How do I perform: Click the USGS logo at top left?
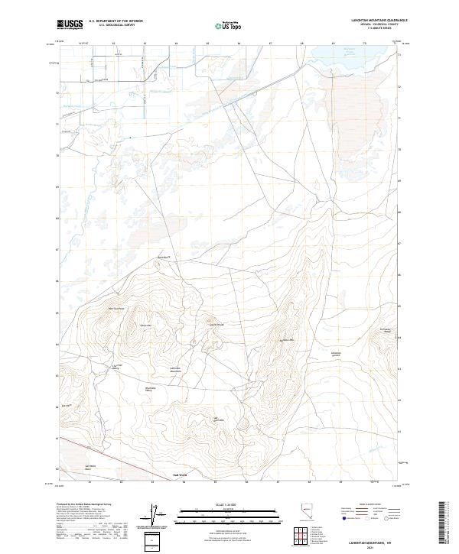70,24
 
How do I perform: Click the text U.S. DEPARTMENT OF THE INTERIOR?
116,21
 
